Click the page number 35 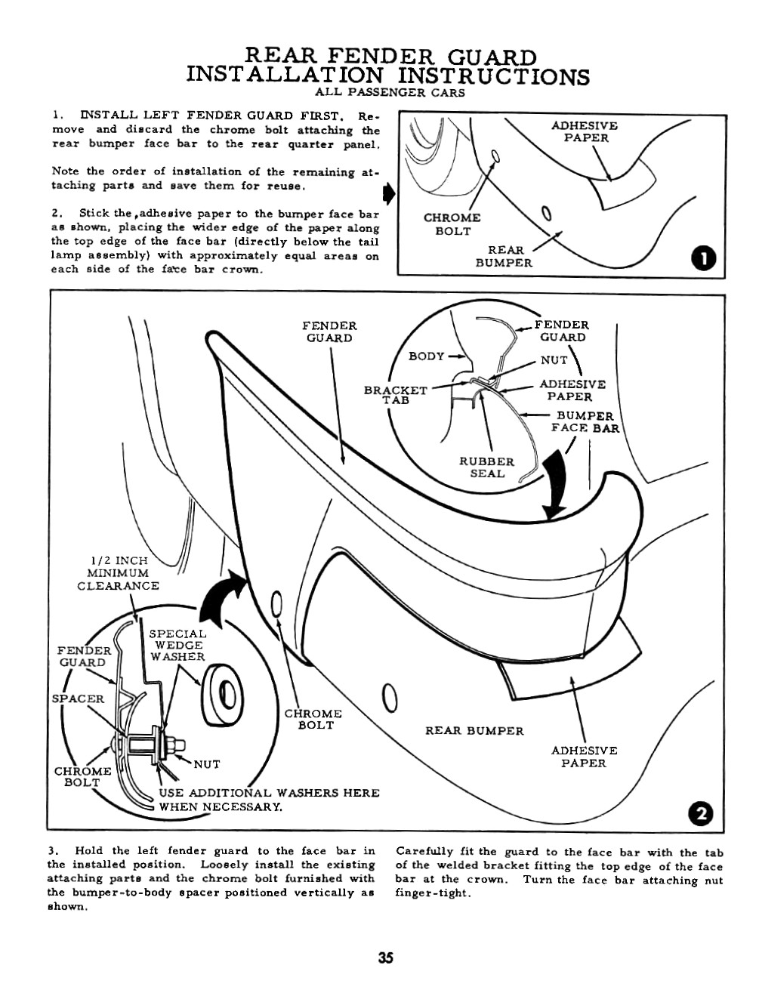tap(385, 959)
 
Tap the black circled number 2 tap(702, 813)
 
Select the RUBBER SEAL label tap(486, 467)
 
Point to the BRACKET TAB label tap(395, 395)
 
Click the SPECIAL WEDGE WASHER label tap(177, 646)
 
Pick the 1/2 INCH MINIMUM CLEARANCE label tap(119, 573)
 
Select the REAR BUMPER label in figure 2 tap(474, 731)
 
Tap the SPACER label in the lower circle tap(78, 698)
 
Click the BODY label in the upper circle tap(426, 356)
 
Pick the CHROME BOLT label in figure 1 tap(452, 224)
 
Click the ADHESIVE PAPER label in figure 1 tap(584, 131)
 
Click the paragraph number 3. tap(51, 853)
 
